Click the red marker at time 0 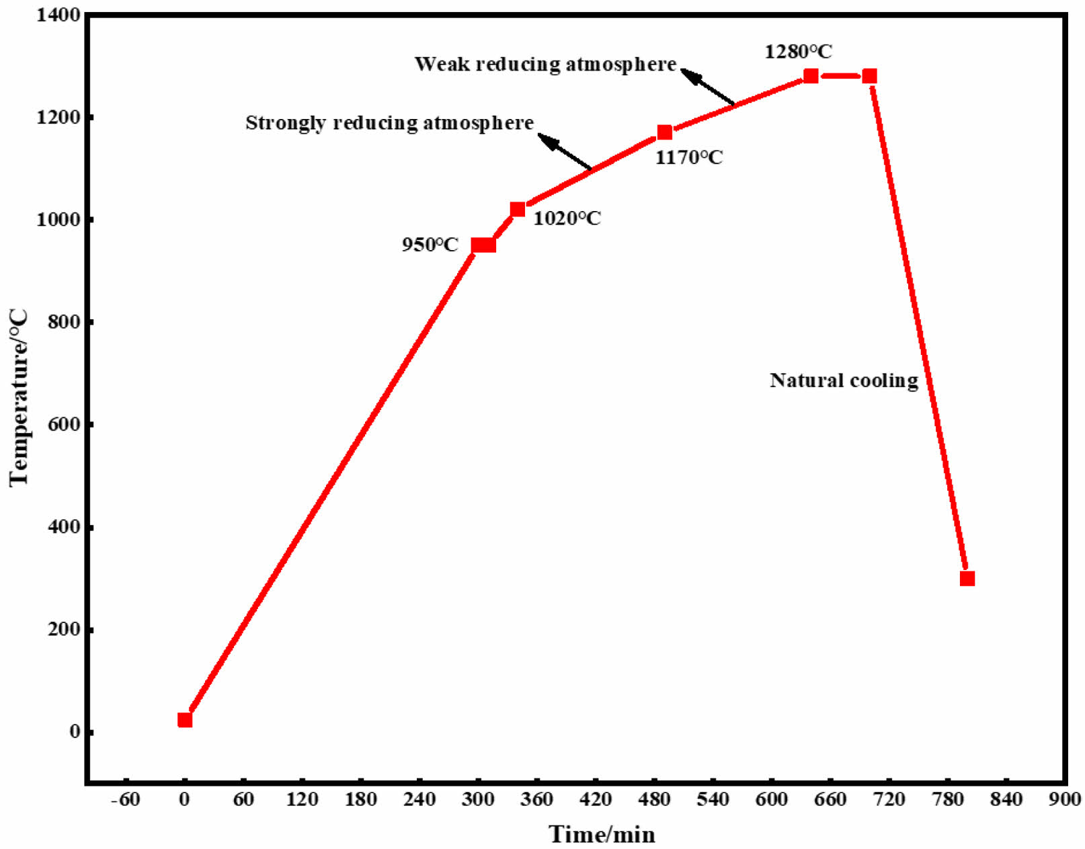185,720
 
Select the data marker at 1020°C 518,209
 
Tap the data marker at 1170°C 664,132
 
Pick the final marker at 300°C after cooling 967,578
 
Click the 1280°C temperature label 798,52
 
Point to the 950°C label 430,245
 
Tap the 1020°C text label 567,218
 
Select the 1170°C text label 689,157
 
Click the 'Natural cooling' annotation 844,380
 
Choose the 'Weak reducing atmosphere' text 545,65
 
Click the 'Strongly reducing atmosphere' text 389,123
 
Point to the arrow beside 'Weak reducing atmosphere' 707,87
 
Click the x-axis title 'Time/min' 602,834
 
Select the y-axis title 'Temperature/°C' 19,397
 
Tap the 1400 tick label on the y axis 59,15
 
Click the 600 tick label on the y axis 64,425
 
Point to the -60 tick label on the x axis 125,800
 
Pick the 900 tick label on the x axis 1064,800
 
